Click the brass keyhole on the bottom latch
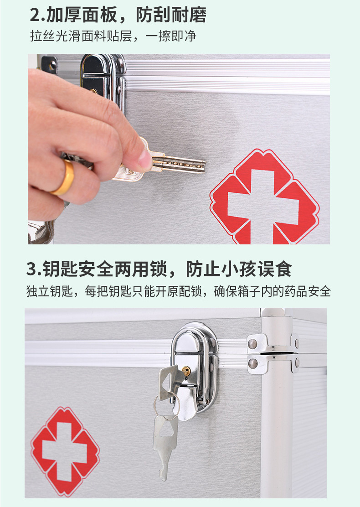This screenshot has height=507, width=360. coord(186,372)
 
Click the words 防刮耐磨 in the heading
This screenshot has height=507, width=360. coord(171,15)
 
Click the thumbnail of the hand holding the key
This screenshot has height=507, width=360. coord(91,146)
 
